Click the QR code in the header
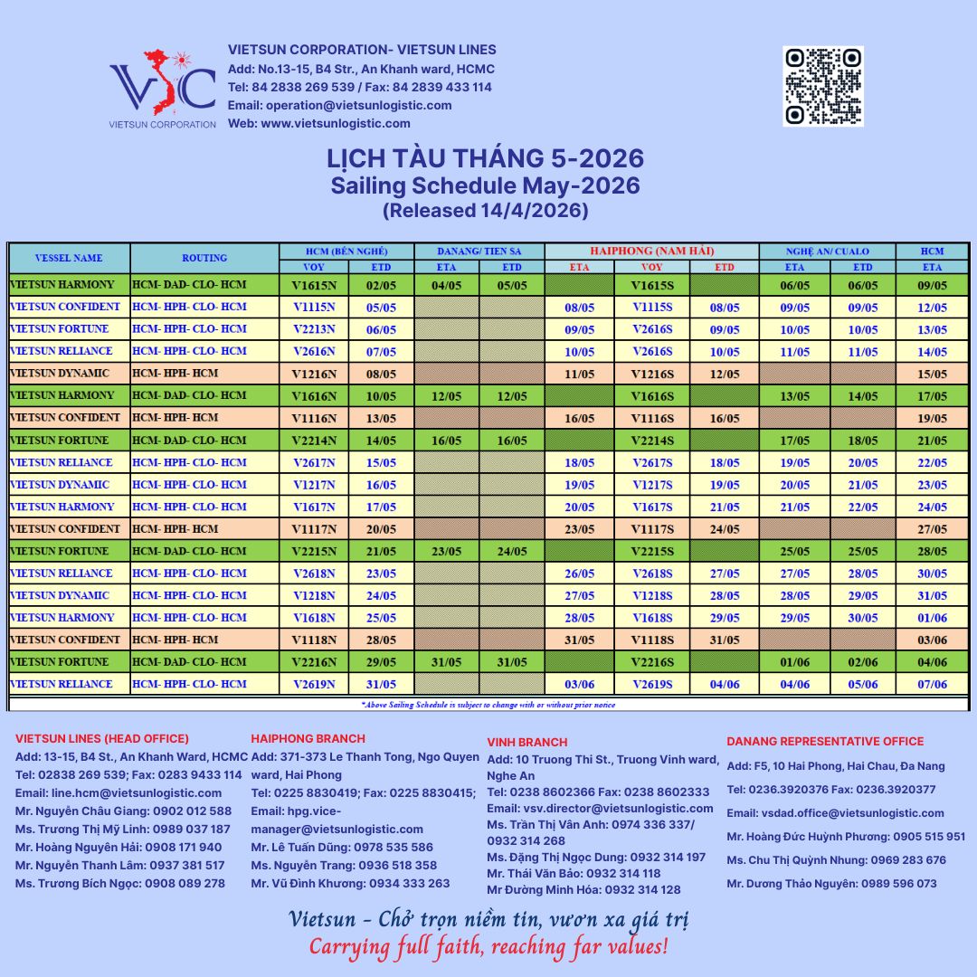822,86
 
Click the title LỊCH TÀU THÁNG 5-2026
485,158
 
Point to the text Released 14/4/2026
485,211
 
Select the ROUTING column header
204,258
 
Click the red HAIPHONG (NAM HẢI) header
651,251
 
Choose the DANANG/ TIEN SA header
479,251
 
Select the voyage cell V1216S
652,374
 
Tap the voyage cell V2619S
652,684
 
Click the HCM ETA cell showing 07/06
932,684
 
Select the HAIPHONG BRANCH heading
308,738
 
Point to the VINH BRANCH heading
527,742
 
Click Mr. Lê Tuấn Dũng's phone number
392,848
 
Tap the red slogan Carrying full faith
488,947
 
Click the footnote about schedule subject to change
488,704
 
